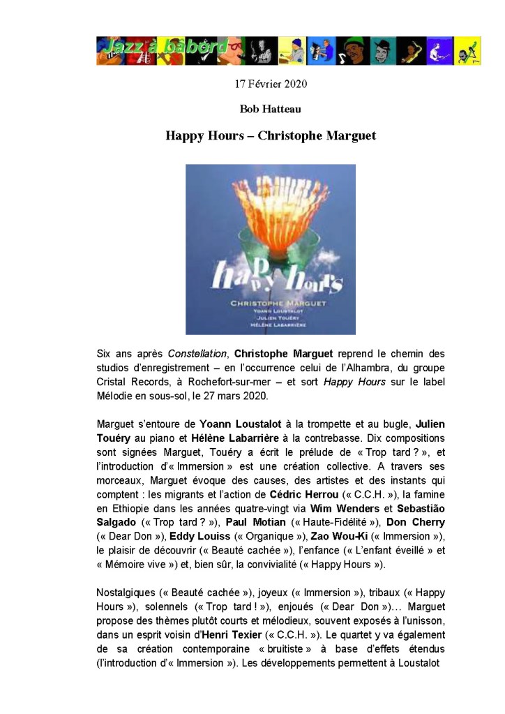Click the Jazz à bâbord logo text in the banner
(x=165, y=48)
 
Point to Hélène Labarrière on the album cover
(x=270, y=325)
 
